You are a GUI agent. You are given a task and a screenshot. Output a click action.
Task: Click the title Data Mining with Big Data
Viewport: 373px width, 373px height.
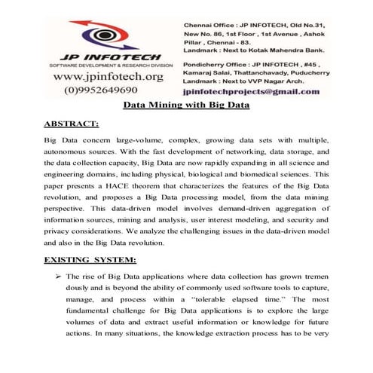[186, 107]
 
